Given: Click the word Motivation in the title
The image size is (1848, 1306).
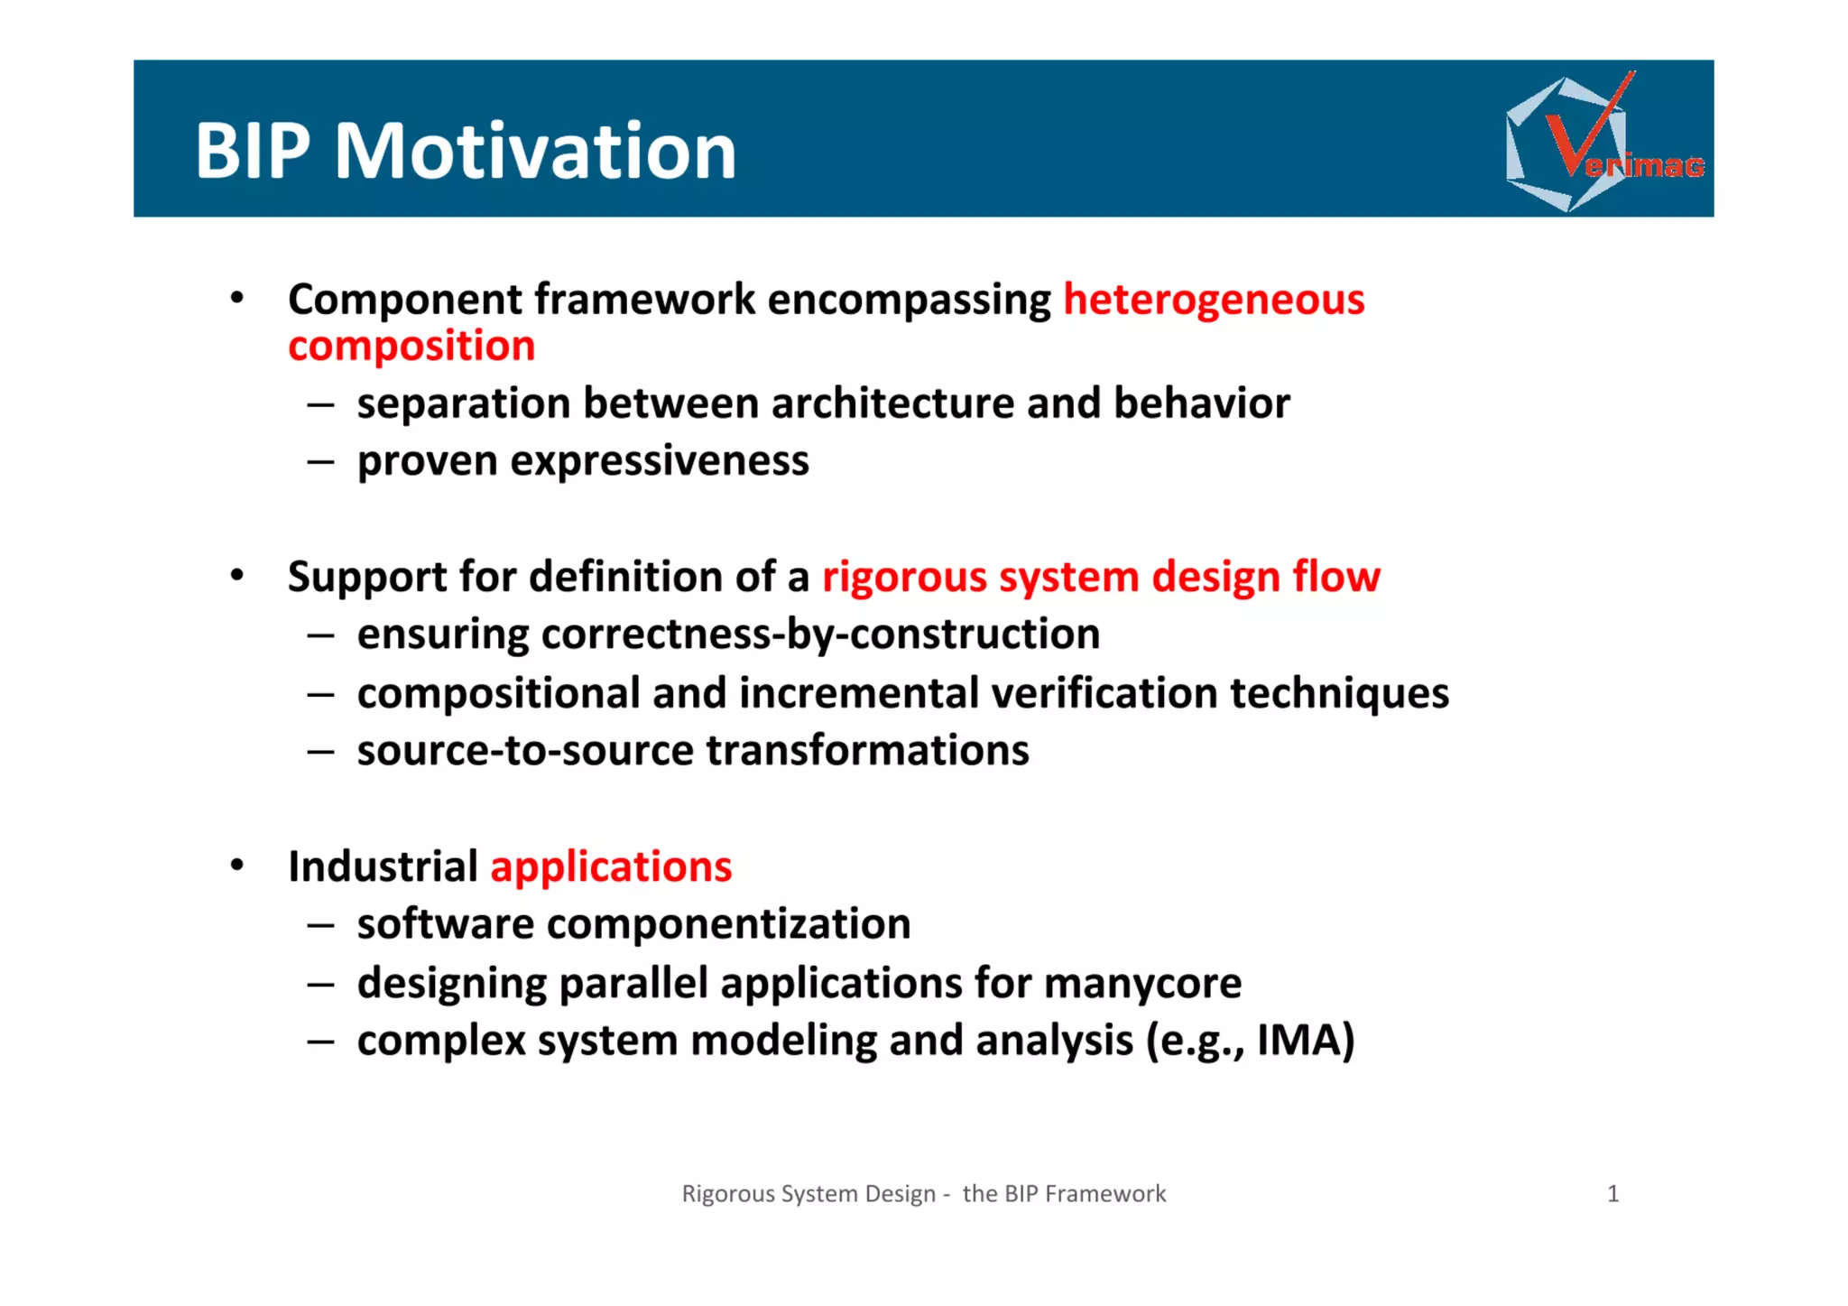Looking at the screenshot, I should pos(535,151).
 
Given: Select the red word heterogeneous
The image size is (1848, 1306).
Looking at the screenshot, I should pos(1214,300).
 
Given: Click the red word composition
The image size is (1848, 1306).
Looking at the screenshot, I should pos(411,347).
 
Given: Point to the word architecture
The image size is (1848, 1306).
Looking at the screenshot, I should pos(892,403).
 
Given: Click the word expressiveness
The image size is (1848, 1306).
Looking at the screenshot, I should pos(660,461).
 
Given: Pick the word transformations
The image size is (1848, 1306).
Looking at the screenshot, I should pos(867,751).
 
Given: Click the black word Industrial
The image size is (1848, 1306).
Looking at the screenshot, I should pos(383,867).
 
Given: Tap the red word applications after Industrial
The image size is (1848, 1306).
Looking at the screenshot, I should pos(611,867).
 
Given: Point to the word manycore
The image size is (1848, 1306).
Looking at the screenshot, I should pos(1142,983).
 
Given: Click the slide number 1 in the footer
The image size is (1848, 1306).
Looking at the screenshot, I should pos(1613,1194).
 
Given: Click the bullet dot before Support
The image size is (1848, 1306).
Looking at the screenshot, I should pos(237,576).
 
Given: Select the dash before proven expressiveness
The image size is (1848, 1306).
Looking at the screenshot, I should pos(320,462).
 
